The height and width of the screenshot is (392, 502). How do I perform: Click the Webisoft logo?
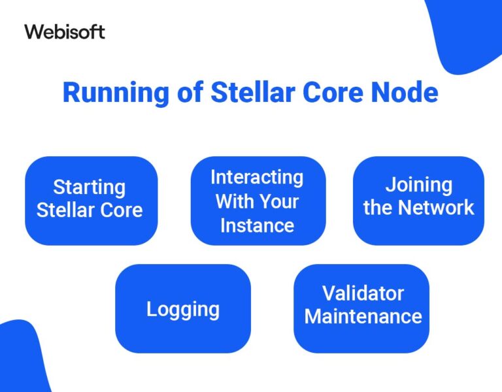click(x=65, y=31)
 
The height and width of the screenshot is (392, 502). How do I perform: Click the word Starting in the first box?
click(x=89, y=188)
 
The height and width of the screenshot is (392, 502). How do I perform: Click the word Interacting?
click(x=257, y=177)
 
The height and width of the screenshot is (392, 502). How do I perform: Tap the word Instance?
click(x=257, y=225)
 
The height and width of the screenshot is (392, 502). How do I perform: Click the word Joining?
click(x=418, y=186)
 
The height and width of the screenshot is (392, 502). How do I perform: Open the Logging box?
click(x=182, y=309)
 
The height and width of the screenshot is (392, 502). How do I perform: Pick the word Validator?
click(x=363, y=293)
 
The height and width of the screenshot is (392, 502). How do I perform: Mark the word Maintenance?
click(x=363, y=317)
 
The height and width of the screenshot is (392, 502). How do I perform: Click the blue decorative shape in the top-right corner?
click(x=467, y=33)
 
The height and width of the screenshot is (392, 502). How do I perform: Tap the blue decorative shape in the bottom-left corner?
click(x=23, y=359)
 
